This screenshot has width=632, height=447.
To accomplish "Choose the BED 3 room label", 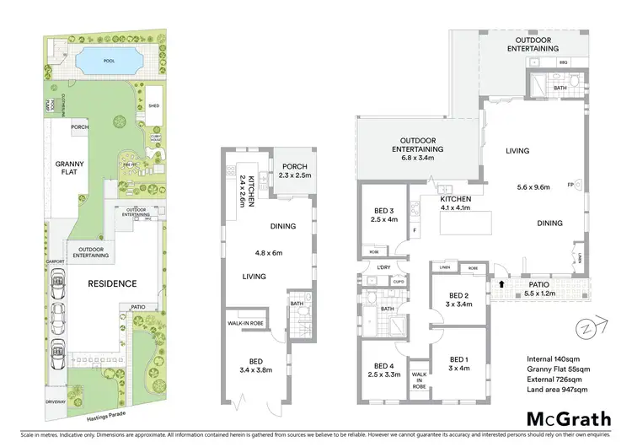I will point(384,216).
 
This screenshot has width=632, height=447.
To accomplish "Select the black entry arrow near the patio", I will point(503,285).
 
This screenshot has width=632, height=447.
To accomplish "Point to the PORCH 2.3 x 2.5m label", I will point(295,170).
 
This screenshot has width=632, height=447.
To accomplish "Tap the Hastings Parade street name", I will point(101,417).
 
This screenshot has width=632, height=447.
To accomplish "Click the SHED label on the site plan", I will point(153,106).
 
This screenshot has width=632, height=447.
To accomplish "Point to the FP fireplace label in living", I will point(570,185).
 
